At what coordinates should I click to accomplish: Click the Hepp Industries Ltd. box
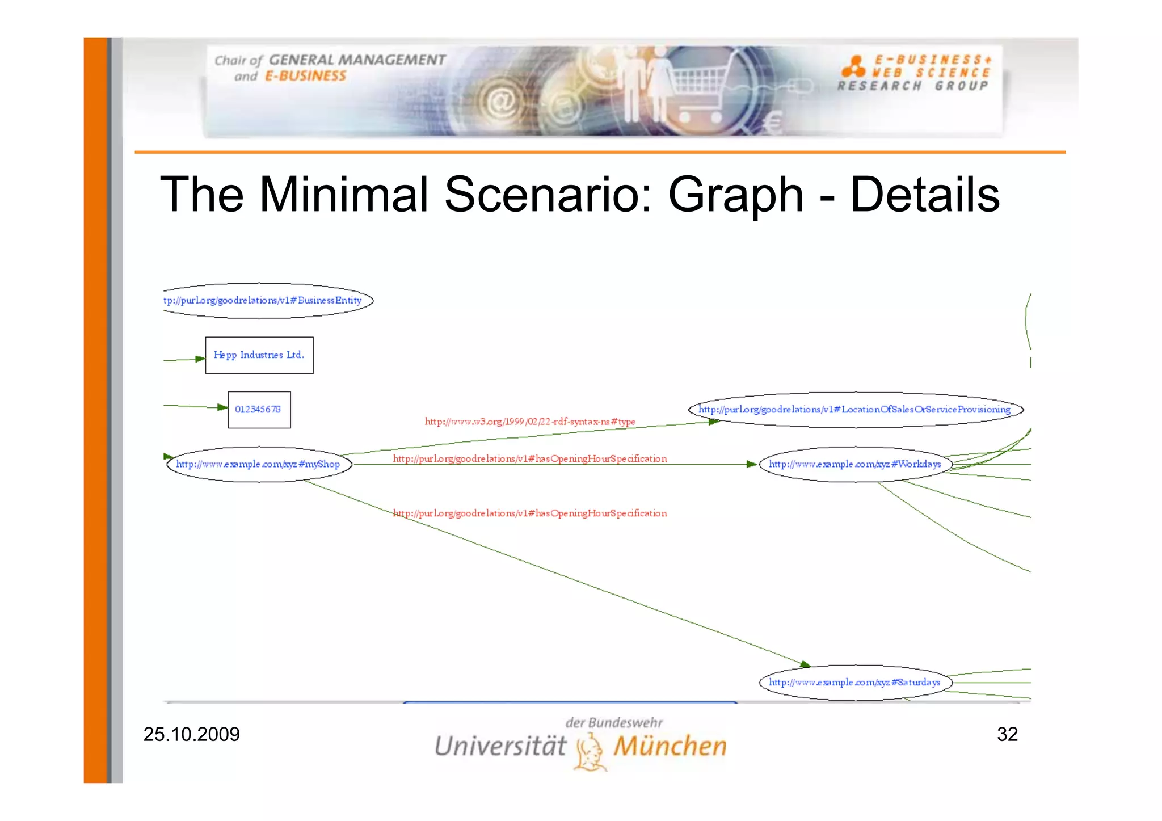click(x=259, y=355)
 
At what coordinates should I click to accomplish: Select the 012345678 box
click(x=259, y=410)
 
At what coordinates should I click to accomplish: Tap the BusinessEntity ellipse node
click(x=267, y=300)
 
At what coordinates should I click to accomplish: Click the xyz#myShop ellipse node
click(x=259, y=464)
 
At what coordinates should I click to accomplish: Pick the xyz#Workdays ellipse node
click(x=855, y=464)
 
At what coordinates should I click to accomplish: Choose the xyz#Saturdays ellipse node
click(x=855, y=683)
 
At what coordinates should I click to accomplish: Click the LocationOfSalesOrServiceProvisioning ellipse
click(x=855, y=410)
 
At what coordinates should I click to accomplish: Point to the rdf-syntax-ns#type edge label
click(x=530, y=422)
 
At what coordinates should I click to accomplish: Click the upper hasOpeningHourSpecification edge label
click(x=530, y=458)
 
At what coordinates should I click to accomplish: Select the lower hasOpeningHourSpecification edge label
click(x=530, y=513)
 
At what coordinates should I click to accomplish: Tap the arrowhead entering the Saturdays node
click(x=805, y=664)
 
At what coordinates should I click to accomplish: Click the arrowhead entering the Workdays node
click(x=752, y=464)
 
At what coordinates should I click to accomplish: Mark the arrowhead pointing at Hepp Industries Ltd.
click(x=200, y=359)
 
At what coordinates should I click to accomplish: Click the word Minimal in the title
click(x=344, y=195)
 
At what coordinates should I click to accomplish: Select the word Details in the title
click(x=925, y=195)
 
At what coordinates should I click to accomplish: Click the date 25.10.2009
click(x=192, y=734)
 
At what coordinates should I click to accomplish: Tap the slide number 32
click(x=1007, y=734)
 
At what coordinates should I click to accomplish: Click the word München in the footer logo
click(x=670, y=746)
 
